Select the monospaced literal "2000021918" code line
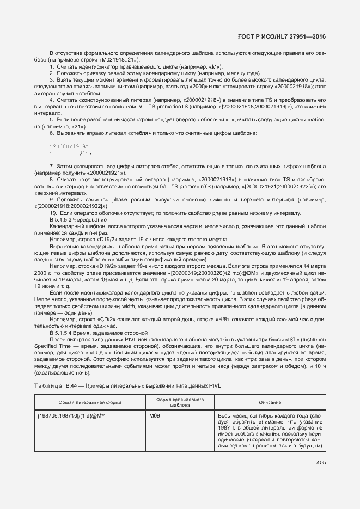[x=68, y=146]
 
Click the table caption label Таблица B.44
[x=58, y=385]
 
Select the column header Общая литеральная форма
[x=90, y=402]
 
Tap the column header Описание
[x=270, y=402]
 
